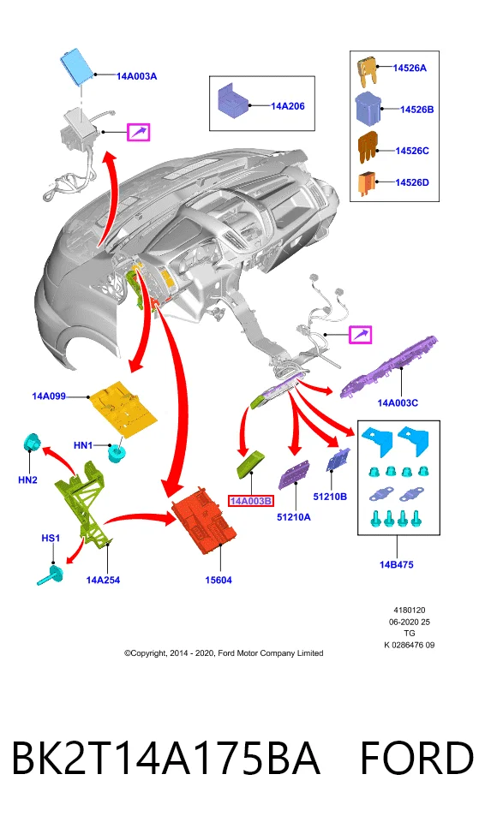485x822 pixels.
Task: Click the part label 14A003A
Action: (x=136, y=76)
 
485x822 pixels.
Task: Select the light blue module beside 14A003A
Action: (x=78, y=66)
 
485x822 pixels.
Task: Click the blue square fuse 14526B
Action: (x=368, y=109)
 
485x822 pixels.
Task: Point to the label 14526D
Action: (x=412, y=182)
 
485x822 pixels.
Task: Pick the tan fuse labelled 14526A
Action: (x=367, y=72)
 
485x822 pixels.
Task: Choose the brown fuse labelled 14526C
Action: (x=368, y=148)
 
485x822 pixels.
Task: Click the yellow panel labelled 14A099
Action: (x=123, y=407)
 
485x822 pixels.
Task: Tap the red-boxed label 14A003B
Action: (x=251, y=501)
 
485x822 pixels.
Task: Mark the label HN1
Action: (x=83, y=445)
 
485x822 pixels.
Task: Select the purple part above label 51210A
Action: (x=293, y=474)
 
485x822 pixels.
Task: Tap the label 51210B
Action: (x=330, y=497)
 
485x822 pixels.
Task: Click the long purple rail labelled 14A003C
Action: (x=389, y=366)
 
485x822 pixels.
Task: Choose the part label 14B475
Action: (x=396, y=564)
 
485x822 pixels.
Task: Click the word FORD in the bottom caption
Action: (x=416, y=758)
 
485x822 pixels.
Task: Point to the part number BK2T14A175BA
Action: (x=166, y=758)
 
